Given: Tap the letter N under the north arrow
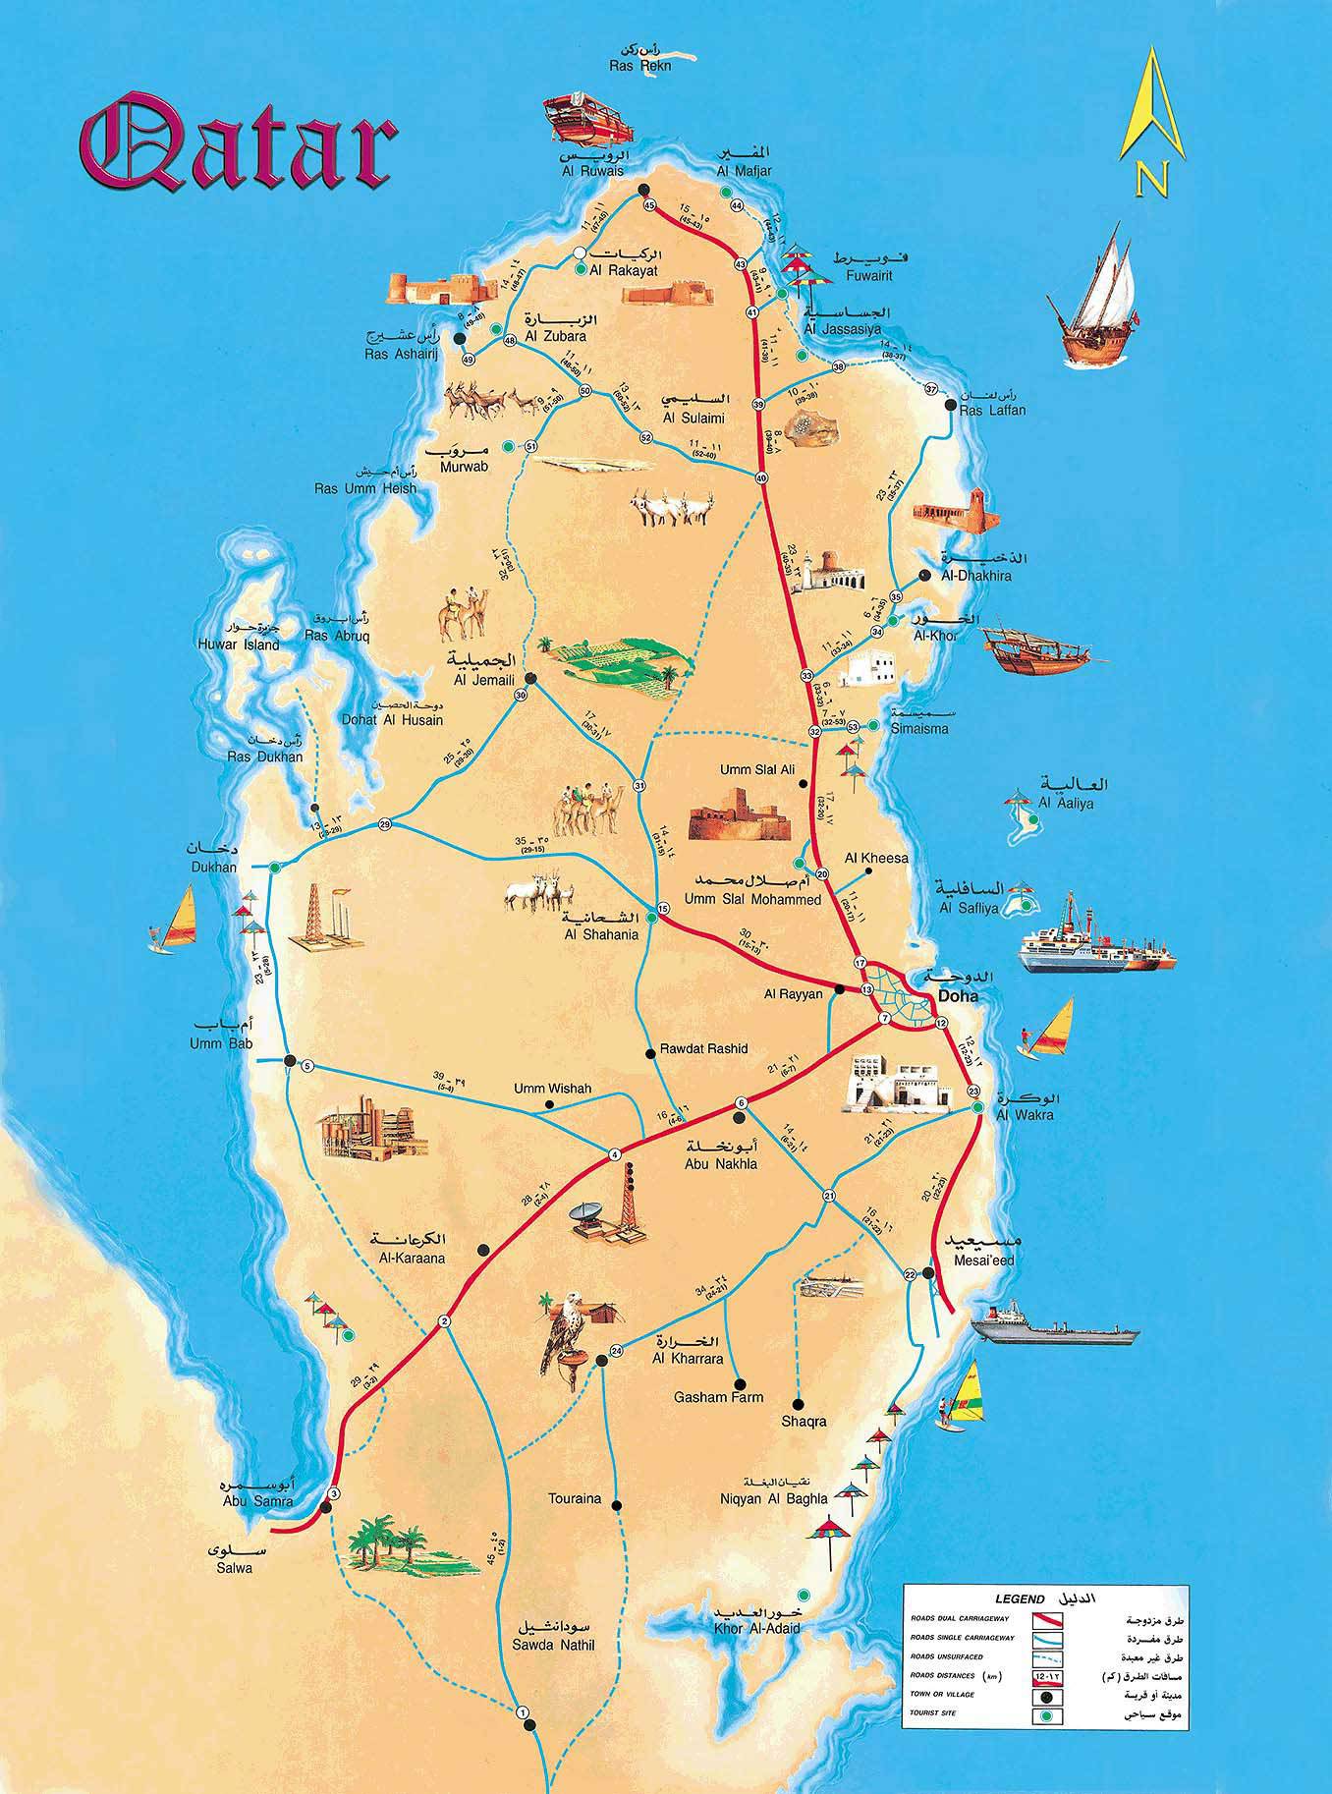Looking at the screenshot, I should (1151, 180).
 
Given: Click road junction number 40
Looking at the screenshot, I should (761, 477).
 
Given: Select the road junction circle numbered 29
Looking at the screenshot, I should (385, 824).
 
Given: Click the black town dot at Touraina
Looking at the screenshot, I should (617, 1504).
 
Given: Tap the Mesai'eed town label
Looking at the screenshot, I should (983, 1261).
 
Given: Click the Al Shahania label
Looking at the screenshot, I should (601, 934).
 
